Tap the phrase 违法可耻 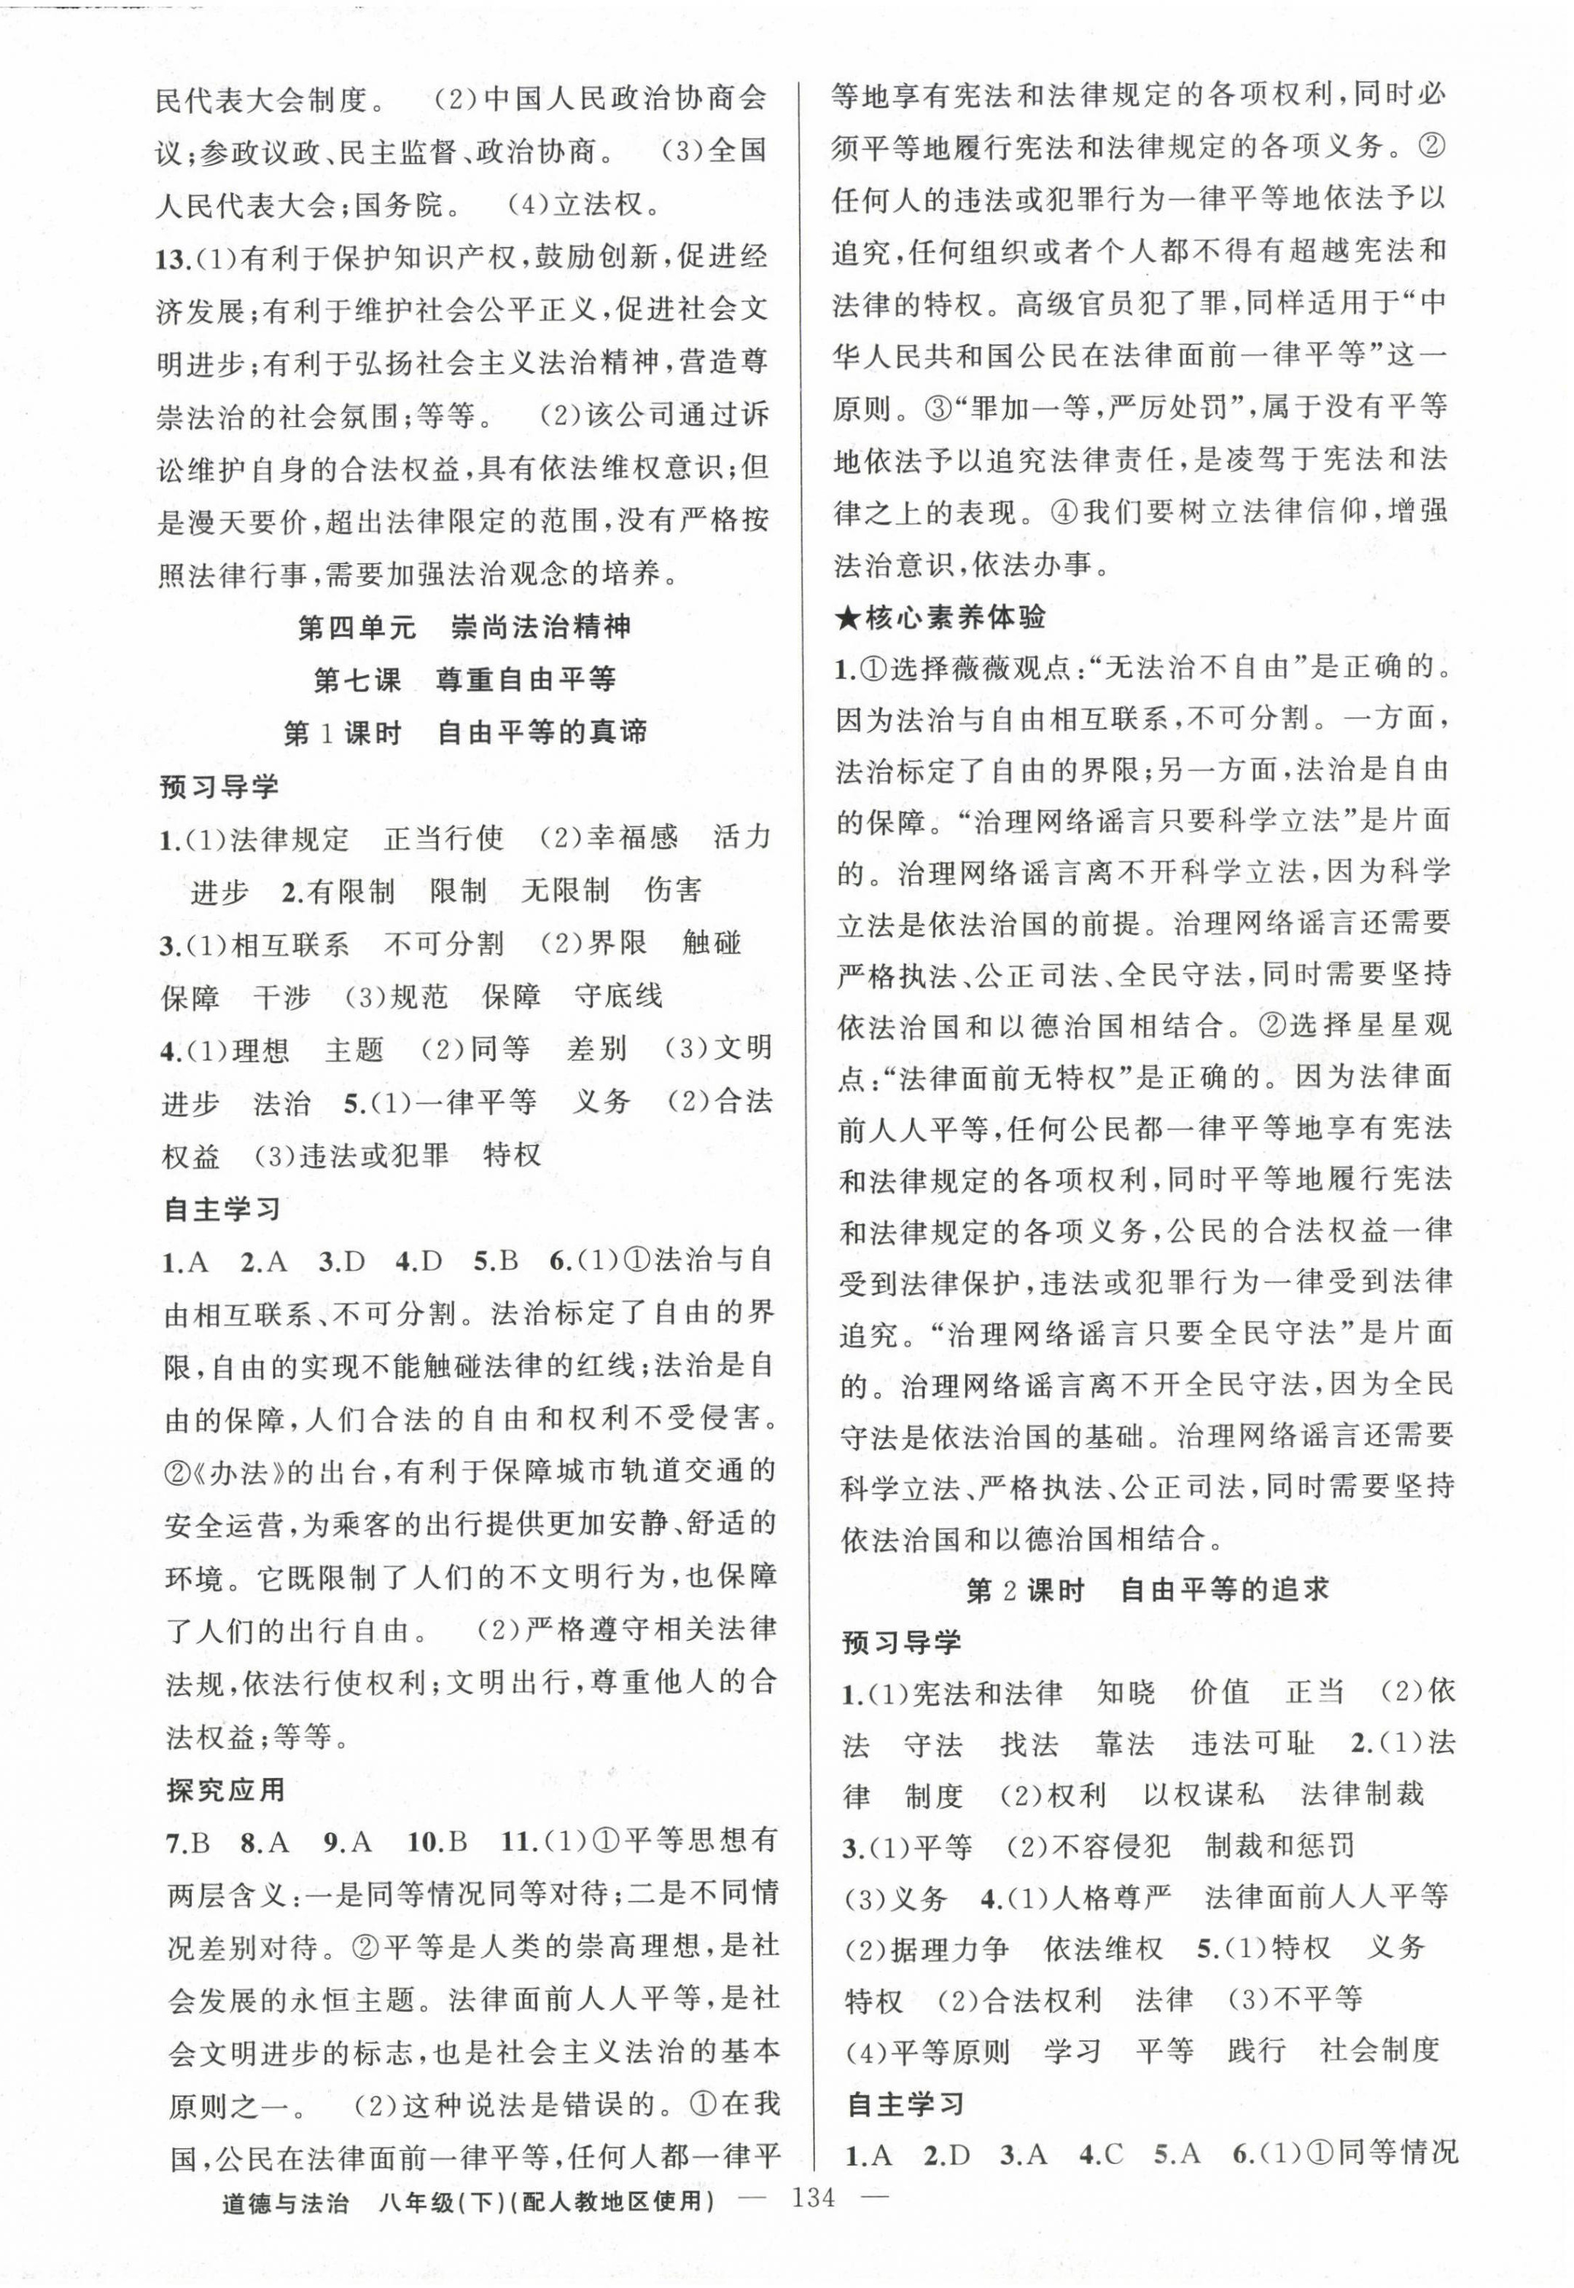coord(1252,1744)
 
